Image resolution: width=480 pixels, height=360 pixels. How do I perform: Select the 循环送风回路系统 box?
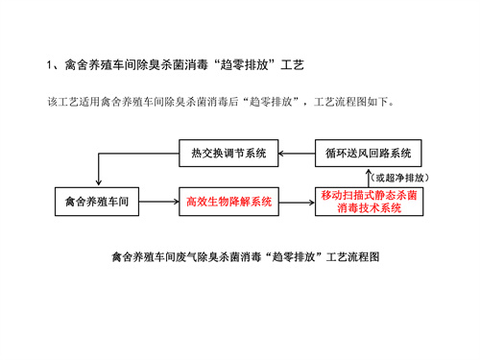point(370,153)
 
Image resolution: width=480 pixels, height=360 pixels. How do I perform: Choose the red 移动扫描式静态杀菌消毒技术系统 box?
point(370,202)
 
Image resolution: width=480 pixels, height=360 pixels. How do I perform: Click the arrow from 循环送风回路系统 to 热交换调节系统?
point(298,153)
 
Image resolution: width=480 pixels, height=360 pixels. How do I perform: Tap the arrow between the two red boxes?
point(298,202)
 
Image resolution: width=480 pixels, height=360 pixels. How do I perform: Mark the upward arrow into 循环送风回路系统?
point(370,175)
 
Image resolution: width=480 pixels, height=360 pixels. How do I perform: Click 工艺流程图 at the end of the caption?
point(354,256)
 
